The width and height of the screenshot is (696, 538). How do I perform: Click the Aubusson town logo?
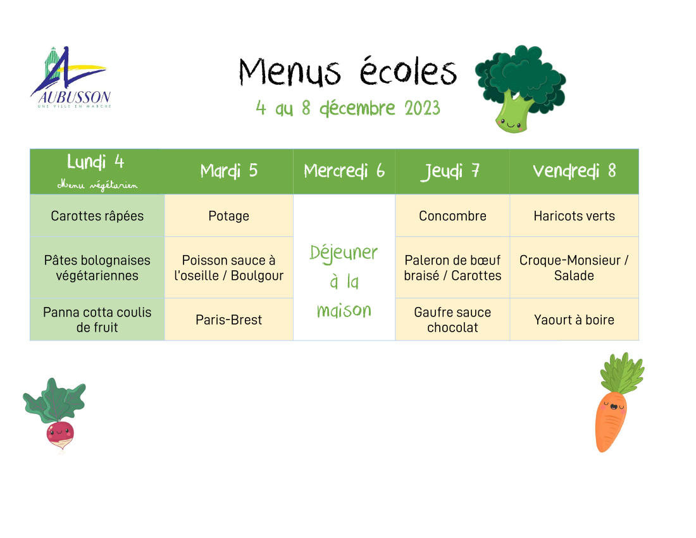coord(71,77)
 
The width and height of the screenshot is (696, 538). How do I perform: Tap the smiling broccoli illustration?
coord(519,89)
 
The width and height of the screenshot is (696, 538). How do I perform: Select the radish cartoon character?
coord(55,415)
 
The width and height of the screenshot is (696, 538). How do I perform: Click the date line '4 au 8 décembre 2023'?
coord(348,108)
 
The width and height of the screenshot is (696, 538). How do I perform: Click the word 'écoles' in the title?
coord(408,71)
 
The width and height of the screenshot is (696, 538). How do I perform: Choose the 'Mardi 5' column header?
coord(228,171)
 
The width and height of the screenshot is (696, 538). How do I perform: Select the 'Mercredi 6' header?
coord(344,171)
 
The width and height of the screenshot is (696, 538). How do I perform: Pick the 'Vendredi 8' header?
coord(575,171)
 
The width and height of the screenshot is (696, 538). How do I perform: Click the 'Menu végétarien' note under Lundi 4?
coord(97,185)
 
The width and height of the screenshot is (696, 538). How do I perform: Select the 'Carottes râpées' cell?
coord(97,216)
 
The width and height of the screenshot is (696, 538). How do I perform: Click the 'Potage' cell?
coord(228,216)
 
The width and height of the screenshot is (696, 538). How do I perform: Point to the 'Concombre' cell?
coord(452,216)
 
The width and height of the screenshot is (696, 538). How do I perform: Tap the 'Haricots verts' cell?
coord(575,216)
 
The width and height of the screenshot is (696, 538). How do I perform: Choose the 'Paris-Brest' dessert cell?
coord(228,320)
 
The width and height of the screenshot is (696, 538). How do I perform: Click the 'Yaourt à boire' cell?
coord(575,320)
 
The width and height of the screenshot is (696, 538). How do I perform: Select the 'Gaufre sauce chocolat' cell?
coord(452,320)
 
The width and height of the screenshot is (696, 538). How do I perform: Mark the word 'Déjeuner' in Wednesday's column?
coord(344,253)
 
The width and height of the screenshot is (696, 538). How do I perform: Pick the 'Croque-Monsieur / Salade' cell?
coord(575,268)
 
